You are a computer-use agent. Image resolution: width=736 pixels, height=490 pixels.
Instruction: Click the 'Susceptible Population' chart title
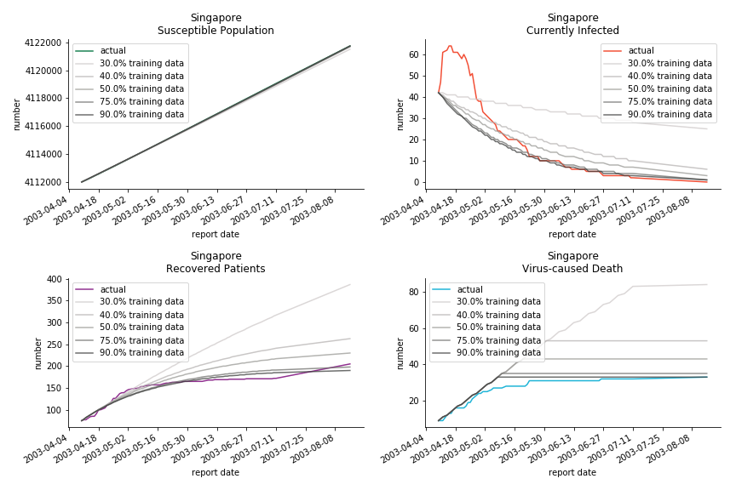click(x=216, y=31)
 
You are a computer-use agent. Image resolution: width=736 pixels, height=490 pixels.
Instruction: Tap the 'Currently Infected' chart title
click(x=572, y=31)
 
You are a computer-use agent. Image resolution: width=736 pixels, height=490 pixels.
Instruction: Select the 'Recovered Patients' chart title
click(x=216, y=269)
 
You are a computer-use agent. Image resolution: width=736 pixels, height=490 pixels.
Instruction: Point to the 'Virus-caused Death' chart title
click(x=572, y=269)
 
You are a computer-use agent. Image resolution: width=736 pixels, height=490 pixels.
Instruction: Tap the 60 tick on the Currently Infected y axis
click(x=413, y=54)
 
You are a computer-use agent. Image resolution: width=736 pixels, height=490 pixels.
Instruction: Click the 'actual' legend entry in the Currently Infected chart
click(x=641, y=51)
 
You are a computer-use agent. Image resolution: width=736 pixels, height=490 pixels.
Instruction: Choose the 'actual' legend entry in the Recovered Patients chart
click(x=113, y=290)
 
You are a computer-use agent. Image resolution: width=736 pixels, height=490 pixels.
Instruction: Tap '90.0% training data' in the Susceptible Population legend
click(x=141, y=115)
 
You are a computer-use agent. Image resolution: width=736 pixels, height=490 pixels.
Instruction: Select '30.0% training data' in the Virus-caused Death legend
click(x=498, y=302)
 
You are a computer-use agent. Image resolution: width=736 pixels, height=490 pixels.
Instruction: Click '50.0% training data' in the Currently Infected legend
click(x=670, y=89)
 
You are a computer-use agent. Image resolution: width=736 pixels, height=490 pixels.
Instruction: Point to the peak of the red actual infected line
click(x=450, y=46)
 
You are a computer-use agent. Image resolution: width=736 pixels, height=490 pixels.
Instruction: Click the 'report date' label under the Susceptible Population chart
click(x=216, y=234)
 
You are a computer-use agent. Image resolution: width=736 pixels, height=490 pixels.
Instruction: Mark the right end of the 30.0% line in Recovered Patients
click(x=350, y=284)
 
